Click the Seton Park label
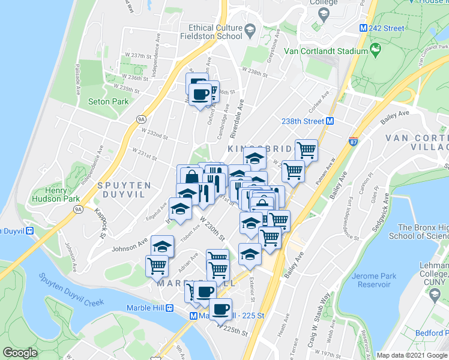pos(108,101)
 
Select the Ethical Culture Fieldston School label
pos(215,32)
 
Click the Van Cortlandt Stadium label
pos(326,51)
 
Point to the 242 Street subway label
pos(386,28)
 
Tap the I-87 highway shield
pos(354,142)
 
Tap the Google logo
pos(20,353)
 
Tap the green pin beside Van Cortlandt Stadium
pos(376,49)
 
